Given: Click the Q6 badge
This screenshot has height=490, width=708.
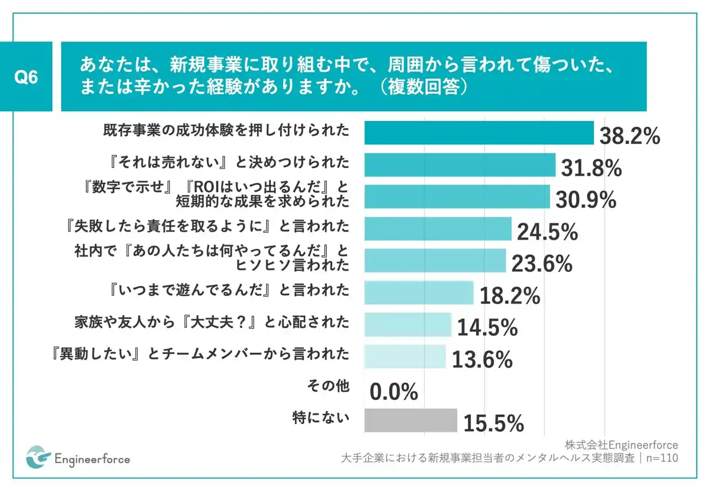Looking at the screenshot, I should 27,77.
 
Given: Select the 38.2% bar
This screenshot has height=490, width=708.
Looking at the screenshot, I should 479,133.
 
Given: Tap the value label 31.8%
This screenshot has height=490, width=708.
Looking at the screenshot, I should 591,169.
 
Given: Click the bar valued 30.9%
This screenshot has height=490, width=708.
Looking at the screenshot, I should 457,196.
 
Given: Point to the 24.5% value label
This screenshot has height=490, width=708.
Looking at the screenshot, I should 547,233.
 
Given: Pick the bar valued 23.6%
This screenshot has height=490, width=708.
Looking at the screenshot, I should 435,260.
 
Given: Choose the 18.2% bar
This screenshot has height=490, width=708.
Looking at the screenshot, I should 419,293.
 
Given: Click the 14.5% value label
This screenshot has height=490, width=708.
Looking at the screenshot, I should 487,328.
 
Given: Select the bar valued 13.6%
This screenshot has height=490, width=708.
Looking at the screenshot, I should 405,357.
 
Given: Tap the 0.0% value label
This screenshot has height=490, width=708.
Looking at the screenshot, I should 393,393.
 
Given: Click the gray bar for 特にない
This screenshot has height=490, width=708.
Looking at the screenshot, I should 410,420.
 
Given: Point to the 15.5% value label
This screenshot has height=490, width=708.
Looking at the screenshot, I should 493,424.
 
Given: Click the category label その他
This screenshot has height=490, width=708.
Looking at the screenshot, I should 328,386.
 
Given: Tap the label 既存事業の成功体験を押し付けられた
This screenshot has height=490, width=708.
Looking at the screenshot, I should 226,131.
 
